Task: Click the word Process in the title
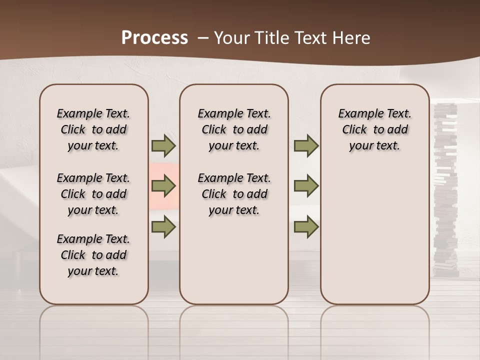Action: click(x=154, y=38)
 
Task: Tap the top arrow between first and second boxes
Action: click(x=163, y=146)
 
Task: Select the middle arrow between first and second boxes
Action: click(x=163, y=186)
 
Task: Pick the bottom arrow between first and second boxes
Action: click(x=163, y=226)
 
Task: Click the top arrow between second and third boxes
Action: click(x=306, y=146)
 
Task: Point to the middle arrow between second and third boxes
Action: click(x=306, y=186)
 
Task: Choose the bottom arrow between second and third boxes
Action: click(x=306, y=226)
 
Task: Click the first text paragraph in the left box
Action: click(x=93, y=129)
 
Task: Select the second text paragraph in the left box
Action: click(x=93, y=194)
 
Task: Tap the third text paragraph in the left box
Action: click(x=93, y=255)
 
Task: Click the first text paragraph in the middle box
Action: click(x=234, y=129)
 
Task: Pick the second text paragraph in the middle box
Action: click(x=234, y=194)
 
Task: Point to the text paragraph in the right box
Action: click(x=374, y=129)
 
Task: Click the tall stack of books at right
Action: click(x=444, y=190)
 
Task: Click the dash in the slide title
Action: click(x=203, y=38)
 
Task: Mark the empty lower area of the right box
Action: click(x=374, y=235)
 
